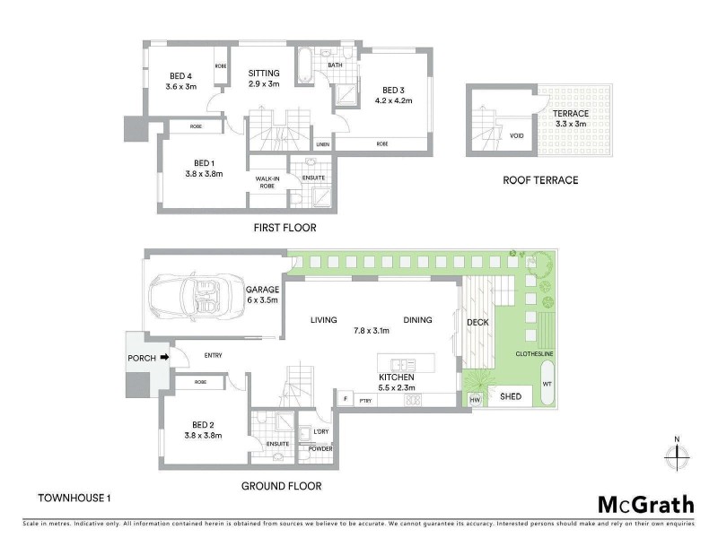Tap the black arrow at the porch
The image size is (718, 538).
164,358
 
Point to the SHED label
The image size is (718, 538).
511,396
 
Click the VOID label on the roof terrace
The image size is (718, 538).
516,136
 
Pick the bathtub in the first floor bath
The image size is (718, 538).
305,66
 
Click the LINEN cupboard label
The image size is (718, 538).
322,143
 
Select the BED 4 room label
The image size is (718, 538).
180,81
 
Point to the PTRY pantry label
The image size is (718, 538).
365,401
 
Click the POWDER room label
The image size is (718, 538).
320,447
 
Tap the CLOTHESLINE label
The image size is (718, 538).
533,353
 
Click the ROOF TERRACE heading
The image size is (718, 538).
540,180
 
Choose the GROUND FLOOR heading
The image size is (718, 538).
282,486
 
